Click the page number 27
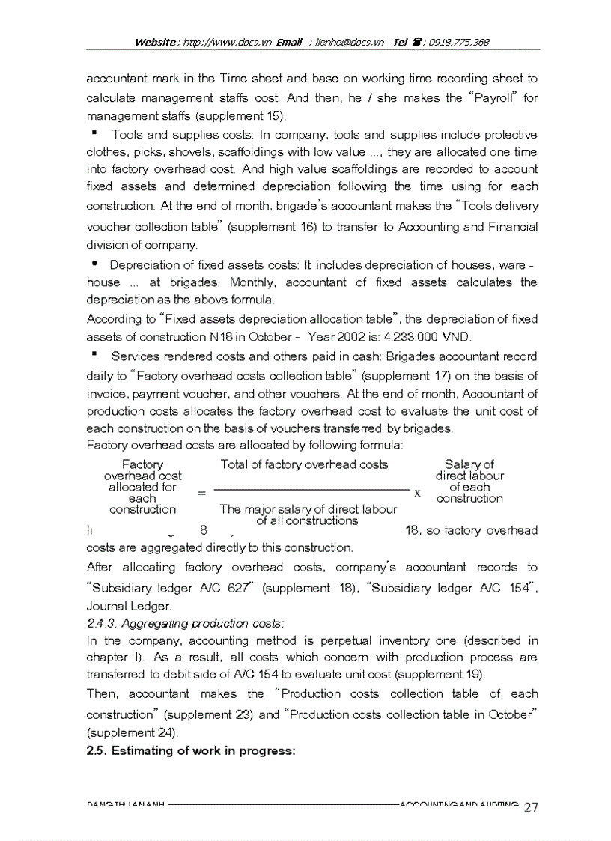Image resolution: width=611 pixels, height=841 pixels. click(532, 807)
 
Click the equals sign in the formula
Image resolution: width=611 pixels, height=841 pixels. click(201, 493)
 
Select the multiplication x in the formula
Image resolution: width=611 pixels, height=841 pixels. click(418, 494)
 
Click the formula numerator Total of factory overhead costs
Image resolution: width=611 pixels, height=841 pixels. click(304, 464)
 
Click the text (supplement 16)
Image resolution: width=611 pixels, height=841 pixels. click(270, 226)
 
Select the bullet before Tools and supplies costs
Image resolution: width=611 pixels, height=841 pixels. click(96, 133)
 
